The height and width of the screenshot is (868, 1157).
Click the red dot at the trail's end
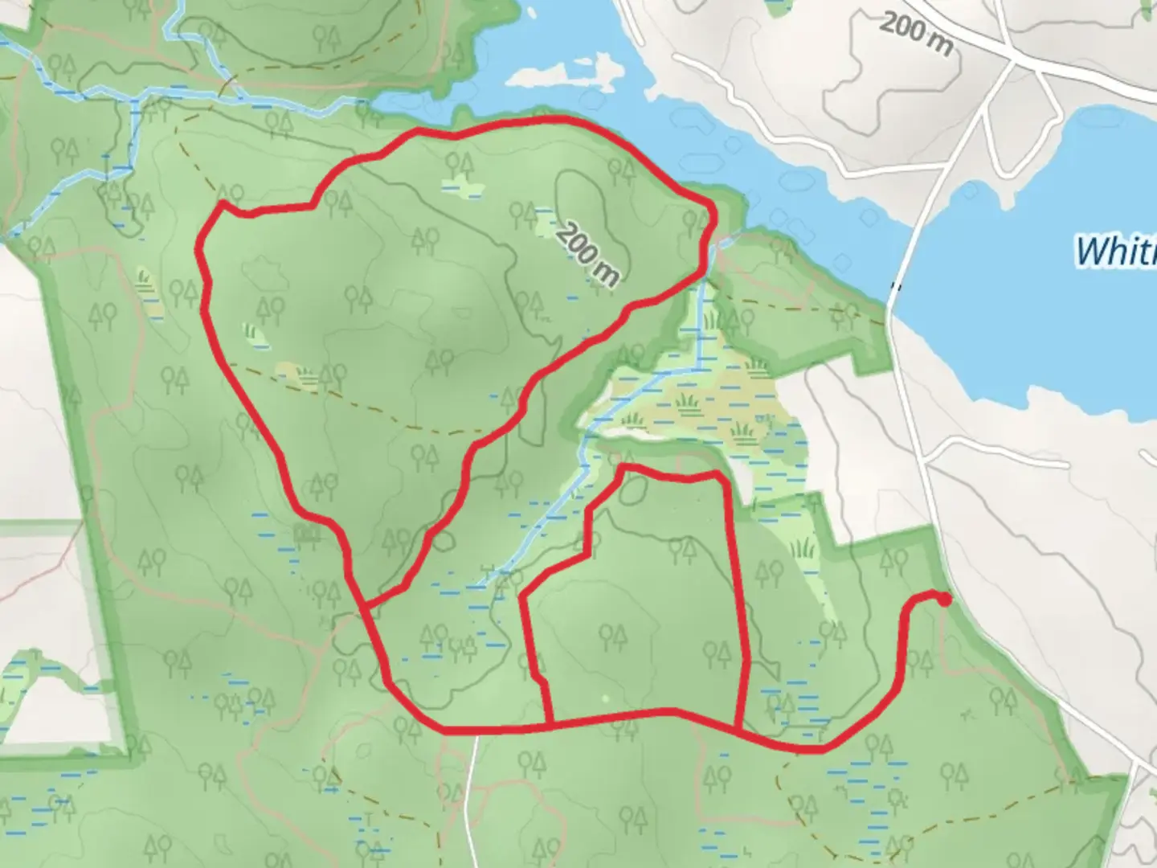tap(944, 599)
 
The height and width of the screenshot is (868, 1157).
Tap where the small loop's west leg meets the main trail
tap(550, 726)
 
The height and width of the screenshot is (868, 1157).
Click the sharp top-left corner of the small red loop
tap(623, 466)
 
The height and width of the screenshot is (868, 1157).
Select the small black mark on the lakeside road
tap(897, 285)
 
